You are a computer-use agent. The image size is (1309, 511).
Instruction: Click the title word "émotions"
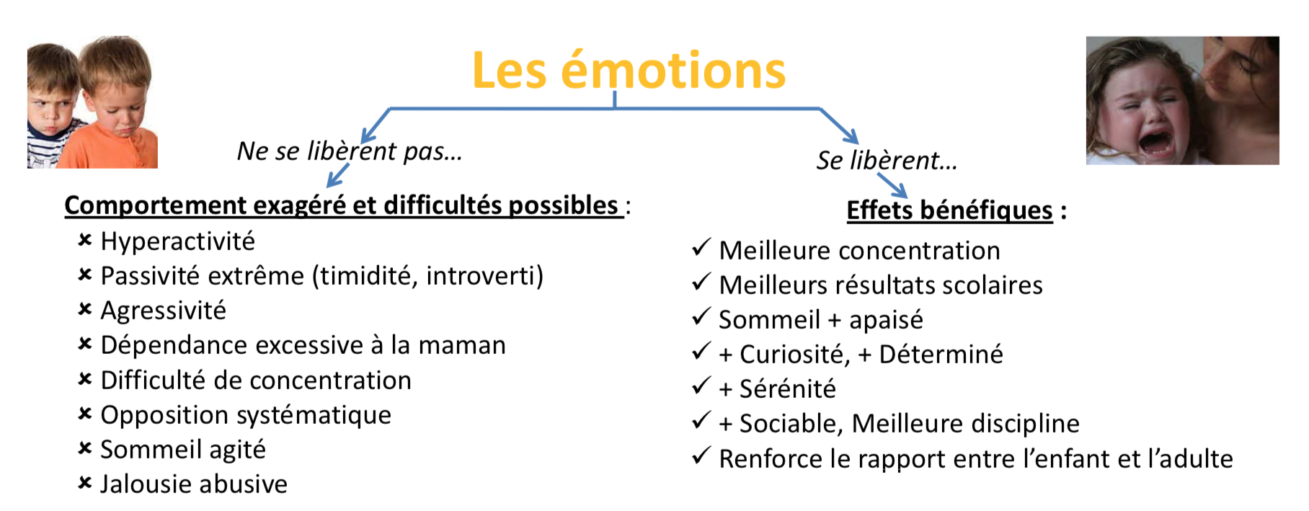tap(673, 71)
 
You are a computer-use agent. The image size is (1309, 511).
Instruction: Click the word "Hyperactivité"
tap(177, 241)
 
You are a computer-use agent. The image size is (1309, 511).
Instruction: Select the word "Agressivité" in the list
tap(163, 311)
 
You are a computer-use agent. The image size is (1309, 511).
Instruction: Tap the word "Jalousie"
tap(144, 484)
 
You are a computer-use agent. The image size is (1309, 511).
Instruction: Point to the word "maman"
tap(462, 345)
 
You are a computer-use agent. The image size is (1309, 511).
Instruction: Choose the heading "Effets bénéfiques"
tap(949, 210)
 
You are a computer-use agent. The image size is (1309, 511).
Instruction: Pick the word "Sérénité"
tap(787, 388)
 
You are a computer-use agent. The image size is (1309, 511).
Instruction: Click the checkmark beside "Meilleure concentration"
tap(701, 248)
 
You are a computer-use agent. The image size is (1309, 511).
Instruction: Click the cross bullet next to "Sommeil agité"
tap(85, 448)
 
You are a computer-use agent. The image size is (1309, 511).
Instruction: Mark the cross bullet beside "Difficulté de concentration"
tap(85, 379)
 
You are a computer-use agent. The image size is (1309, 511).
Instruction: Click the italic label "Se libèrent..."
tap(887, 160)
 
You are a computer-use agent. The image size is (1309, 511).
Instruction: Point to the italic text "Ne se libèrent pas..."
tap(350, 151)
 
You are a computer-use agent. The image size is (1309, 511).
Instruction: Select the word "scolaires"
tap(993, 285)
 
